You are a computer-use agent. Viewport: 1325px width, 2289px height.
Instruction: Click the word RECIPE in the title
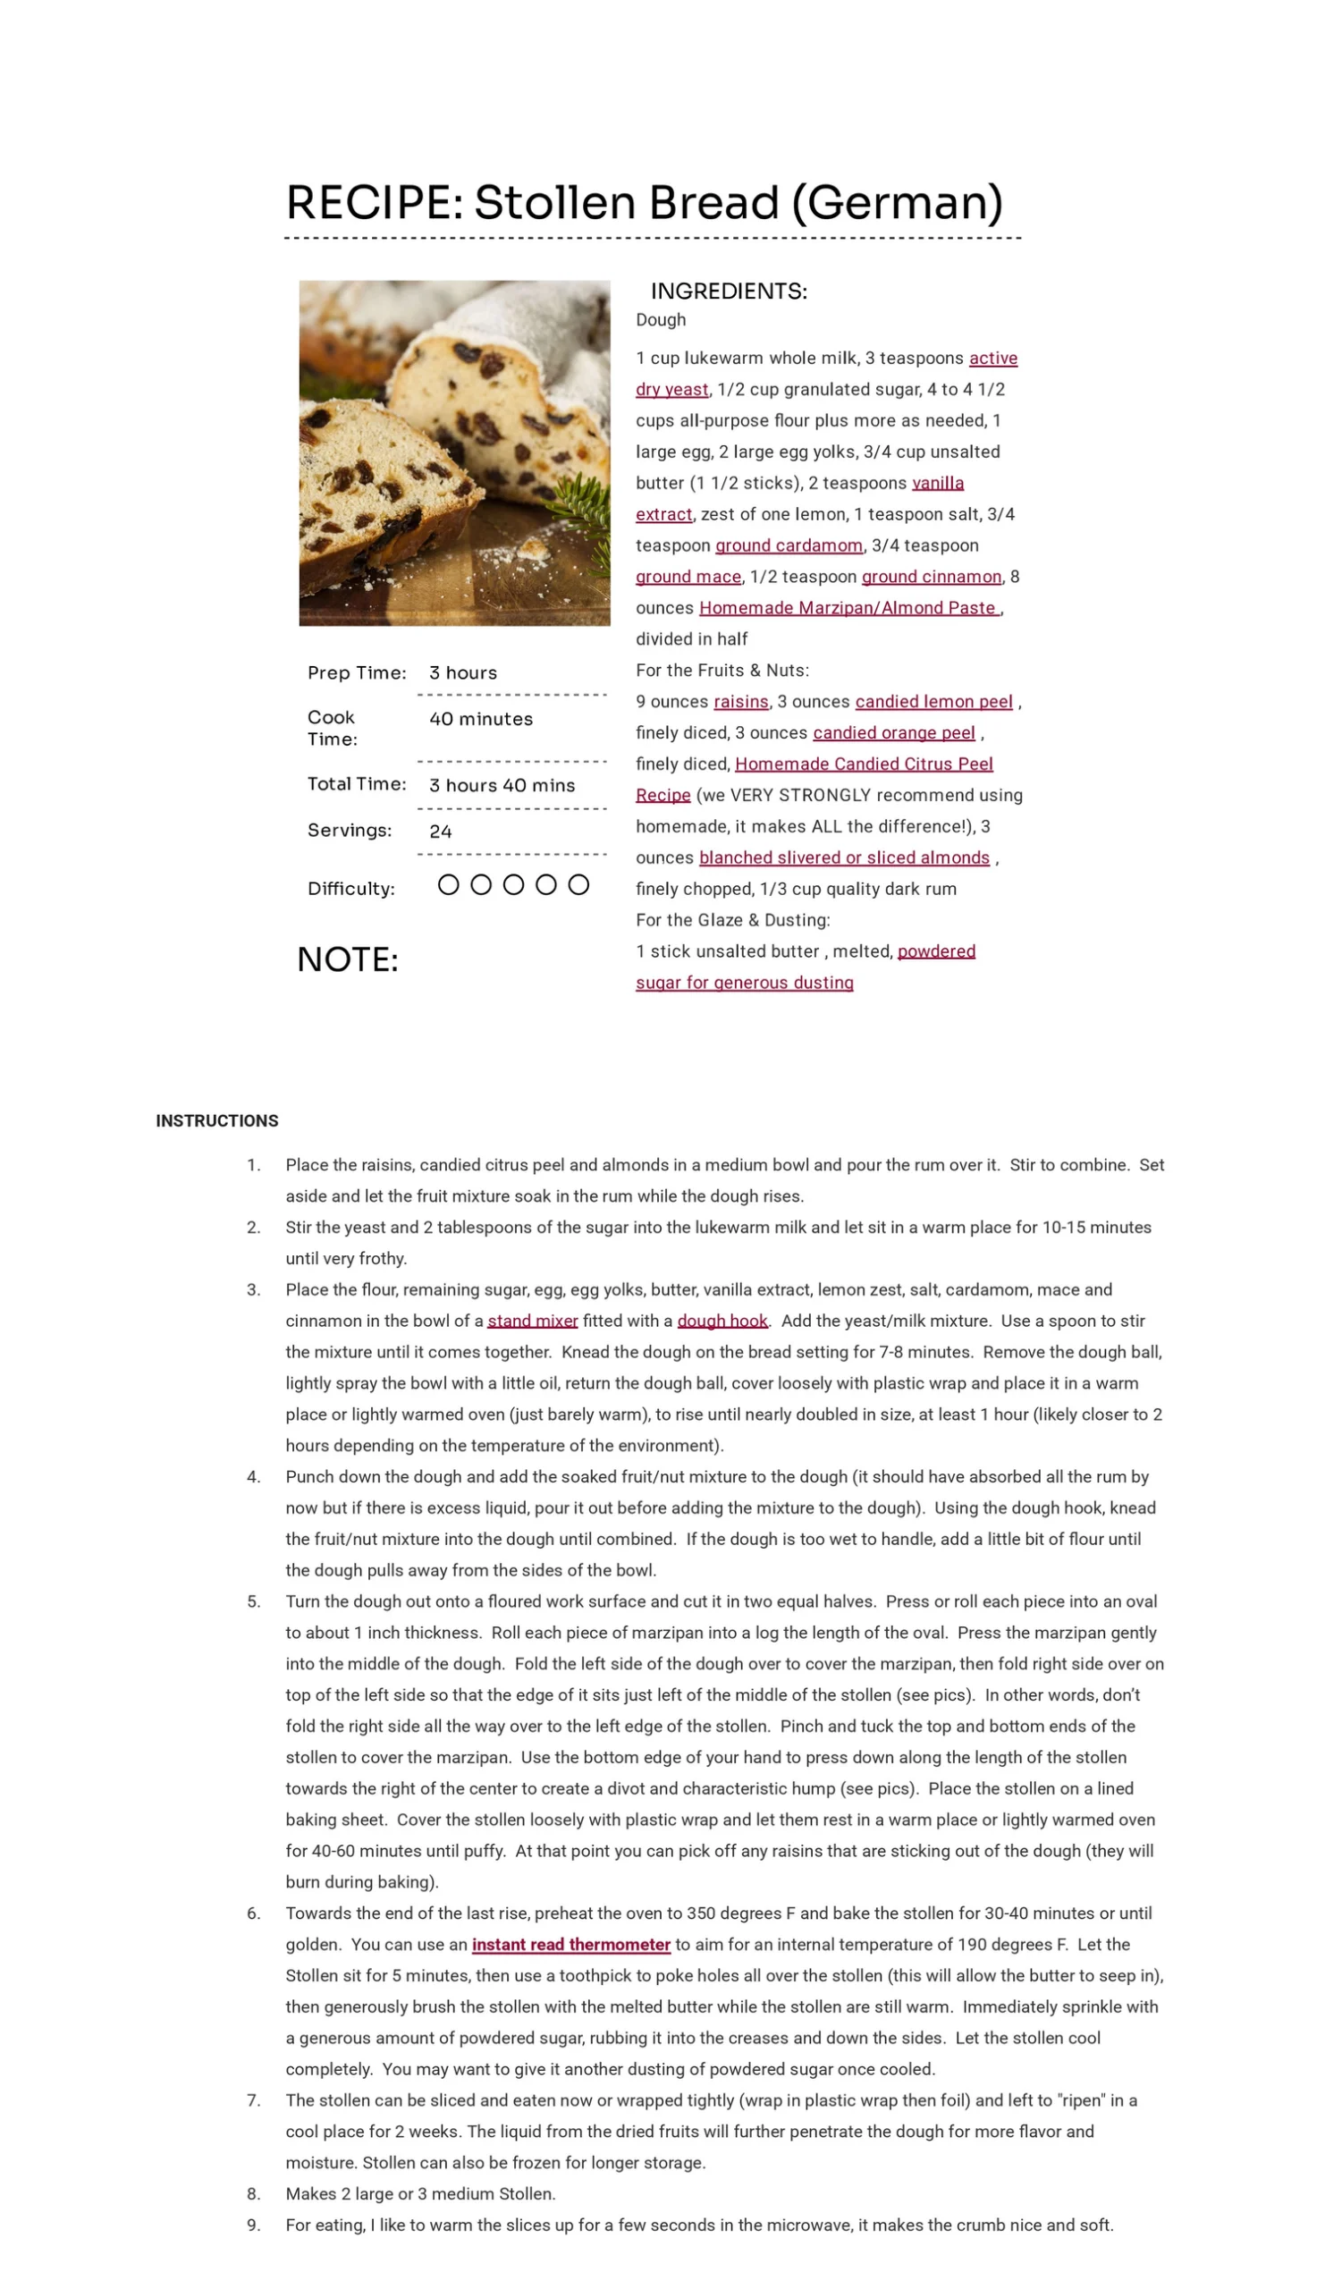coord(373,203)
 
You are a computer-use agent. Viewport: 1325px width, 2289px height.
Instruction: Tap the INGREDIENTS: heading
coord(729,291)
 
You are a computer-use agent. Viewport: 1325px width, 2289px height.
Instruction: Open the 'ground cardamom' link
coord(789,546)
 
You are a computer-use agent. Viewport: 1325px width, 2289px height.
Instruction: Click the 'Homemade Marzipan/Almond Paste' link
coord(849,609)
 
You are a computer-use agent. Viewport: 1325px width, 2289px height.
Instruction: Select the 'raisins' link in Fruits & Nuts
coord(740,702)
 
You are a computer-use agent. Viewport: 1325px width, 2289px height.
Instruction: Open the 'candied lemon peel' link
coord(933,702)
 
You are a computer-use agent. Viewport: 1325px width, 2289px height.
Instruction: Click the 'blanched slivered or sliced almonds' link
coord(844,858)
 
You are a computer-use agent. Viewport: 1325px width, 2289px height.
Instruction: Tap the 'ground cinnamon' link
coord(931,578)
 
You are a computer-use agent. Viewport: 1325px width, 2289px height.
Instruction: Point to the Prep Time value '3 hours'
coord(463,673)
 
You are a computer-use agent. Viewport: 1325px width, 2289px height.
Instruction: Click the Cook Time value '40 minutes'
coord(480,720)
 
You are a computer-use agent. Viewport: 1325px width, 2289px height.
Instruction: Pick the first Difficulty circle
coord(449,884)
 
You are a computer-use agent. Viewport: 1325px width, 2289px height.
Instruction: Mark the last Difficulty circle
coord(578,884)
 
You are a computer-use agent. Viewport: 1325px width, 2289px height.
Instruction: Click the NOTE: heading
coord(348,960)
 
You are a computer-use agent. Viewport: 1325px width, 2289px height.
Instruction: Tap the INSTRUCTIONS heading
coord(217,1121)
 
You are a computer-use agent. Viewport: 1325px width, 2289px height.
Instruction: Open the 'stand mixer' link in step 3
coord(532,1321)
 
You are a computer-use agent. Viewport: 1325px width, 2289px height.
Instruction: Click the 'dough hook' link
coord(722,1321)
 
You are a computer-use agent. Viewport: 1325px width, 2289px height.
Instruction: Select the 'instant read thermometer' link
coord(570,1945)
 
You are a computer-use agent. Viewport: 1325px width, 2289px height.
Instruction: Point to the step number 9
coord(253,2225)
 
